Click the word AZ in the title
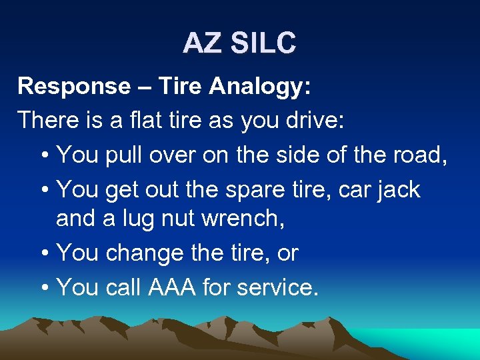[x=202, y=43]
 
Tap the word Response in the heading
[x=74, y=86]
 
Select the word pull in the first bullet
[x=126, y=155]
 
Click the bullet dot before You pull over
[x=43, y=155]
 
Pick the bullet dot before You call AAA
[x=43, y=287]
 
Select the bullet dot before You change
[x=43, y=254]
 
